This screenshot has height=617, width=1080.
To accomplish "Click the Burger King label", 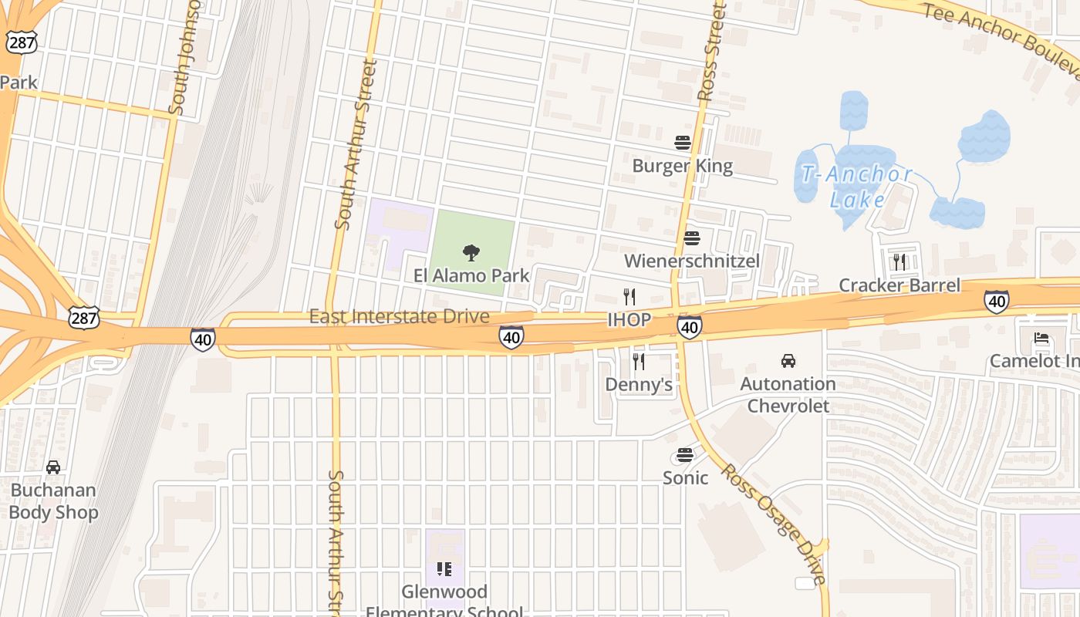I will click(x=683, y=166).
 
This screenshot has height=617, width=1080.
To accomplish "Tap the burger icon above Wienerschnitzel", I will click(x=692, y=238).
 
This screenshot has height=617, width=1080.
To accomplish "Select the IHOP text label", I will click(x=629, y=319).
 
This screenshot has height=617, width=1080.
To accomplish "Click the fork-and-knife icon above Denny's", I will click(x=639, y=361).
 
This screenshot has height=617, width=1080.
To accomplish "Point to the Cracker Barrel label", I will click(x=899, y=285).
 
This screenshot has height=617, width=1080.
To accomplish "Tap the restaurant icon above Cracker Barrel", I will click(x=899, y=261).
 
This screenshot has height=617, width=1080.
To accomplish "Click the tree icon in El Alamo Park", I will click(x=471, y=252).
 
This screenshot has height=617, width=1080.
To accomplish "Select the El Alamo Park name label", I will click(x=471, y=275).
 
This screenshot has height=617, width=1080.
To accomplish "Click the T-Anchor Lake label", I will click(x=857, y=187).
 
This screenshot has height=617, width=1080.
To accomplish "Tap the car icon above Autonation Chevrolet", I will click(x=788, y=360).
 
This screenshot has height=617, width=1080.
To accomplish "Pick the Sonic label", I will click(x=685, y=478).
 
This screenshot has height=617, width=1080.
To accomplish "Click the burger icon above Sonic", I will click(x=685, y=455).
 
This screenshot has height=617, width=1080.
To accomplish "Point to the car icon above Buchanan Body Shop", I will click(x=53, y=467).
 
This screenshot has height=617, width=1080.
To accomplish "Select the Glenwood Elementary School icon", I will click(x=444, y=569).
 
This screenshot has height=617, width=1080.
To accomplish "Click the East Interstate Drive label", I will click(x=399, y=316).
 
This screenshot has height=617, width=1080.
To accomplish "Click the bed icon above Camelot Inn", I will click(x=1041, y=338).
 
